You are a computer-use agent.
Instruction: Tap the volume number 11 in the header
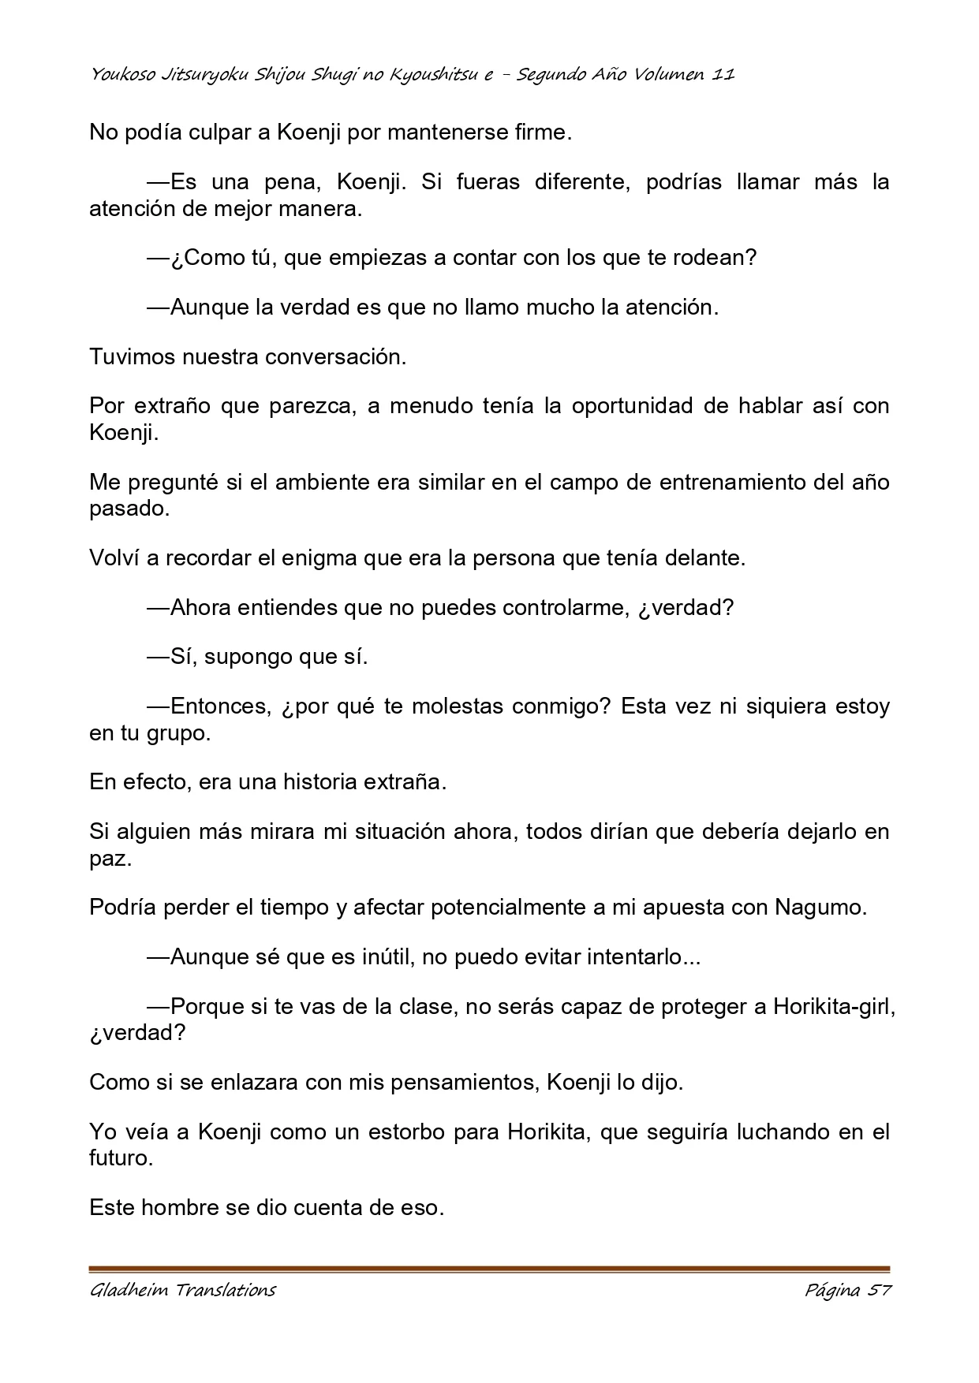coord(723,75)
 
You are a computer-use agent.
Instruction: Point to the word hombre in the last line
coord(179,1207)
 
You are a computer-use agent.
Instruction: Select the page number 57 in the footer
coord(879,1291)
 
